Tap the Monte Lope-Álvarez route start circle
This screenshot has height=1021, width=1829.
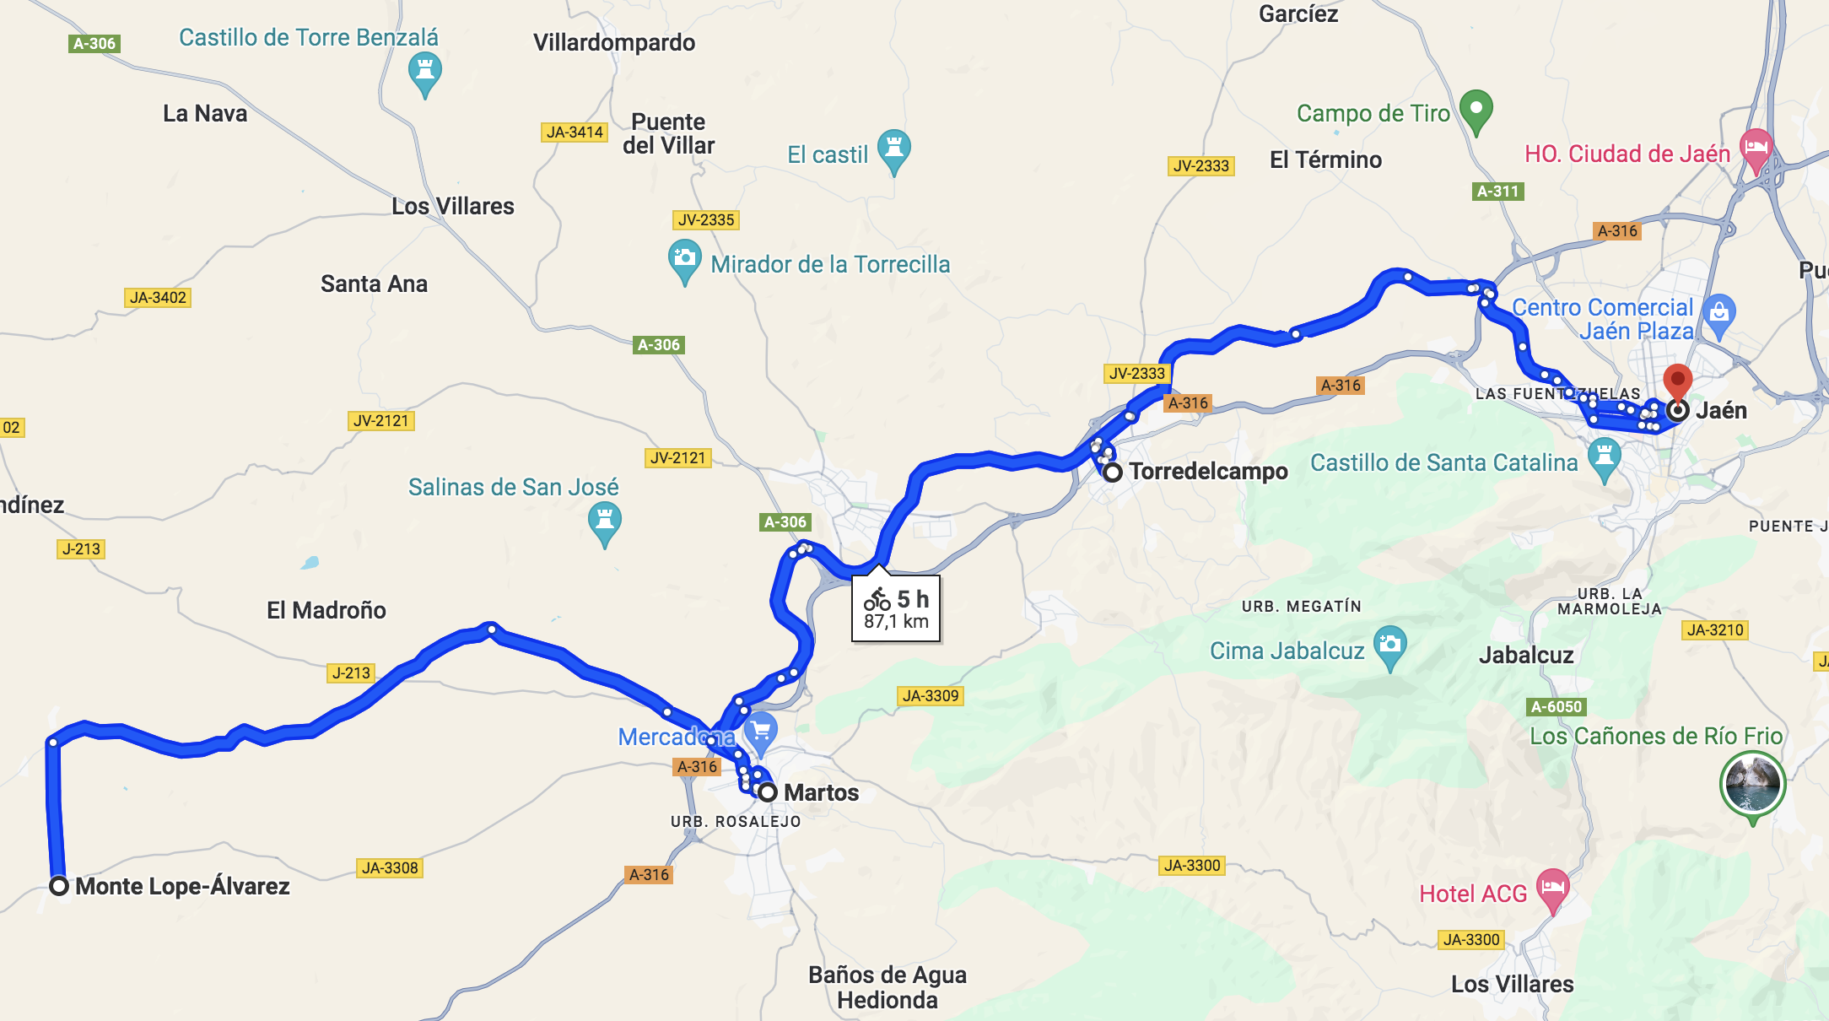[59, 886]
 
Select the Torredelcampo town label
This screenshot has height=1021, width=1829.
[1208, 472]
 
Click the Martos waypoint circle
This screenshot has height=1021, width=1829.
[767, 792]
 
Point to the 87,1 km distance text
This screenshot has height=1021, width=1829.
[896, 622]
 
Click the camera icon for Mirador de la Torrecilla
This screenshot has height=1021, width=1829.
[684, 258]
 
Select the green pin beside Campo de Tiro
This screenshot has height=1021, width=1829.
[1476, 109]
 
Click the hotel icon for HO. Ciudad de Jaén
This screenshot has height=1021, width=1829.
[1756, 148]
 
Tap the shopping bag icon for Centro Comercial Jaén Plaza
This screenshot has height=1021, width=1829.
[1718, 313]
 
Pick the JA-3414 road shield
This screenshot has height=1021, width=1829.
[575, 132]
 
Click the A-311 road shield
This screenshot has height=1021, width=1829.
[1498, 192]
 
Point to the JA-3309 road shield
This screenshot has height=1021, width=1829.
[931, 696]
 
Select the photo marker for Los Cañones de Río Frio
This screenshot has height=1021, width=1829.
[1751, 784]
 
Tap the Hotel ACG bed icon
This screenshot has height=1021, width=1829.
[1552, 888]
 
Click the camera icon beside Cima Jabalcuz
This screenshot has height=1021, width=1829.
[1389, 646]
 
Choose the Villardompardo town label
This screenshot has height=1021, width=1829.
[614, 43]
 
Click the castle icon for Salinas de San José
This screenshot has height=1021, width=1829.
[604, 520]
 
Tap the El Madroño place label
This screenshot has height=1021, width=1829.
[326, 610]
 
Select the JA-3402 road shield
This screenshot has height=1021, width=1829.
[158, 298]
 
